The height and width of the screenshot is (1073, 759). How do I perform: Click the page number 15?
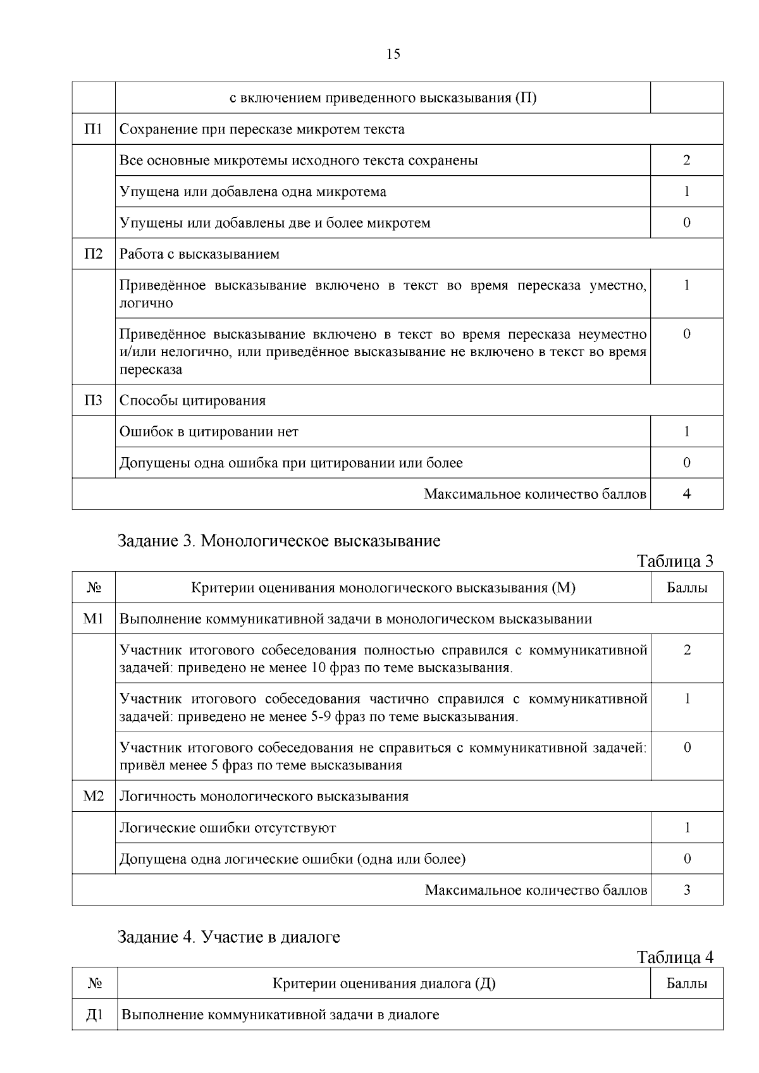tap(393, 54)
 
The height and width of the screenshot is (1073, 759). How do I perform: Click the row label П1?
tap(93, 129)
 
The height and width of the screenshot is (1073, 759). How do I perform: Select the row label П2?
tap(93, 254)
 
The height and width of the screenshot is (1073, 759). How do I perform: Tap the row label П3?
tap(93, 400)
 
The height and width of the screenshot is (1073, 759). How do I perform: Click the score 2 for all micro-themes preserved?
tap(686, 160)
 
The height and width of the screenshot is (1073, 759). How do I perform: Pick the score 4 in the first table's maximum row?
tap(686, 494)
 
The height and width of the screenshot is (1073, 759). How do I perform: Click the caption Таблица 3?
tap(675, 561)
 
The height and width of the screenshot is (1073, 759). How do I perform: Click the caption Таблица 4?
tap(675, 957)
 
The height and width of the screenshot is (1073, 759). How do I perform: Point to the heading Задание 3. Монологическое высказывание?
tap(279, 541)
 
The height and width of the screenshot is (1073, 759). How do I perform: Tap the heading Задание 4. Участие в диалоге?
tap(229, 937)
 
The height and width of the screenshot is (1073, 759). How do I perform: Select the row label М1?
tap(93, 618)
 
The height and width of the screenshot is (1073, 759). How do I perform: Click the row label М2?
tap(93, 796)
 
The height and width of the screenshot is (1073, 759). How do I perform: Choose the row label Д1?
tap(94, 1015)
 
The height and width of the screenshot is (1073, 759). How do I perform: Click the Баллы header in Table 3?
tap(687, 588)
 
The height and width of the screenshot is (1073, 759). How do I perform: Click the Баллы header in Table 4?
tap(687, 984)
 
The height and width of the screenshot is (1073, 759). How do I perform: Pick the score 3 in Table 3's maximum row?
tap(687, 890)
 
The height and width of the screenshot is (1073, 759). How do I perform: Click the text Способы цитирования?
tap(192, 400)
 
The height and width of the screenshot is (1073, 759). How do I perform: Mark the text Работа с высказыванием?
tap(199, 254)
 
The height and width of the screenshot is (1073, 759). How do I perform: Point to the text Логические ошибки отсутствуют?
tap(228, 828)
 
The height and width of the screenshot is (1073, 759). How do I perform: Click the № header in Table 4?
tap(94, 984)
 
